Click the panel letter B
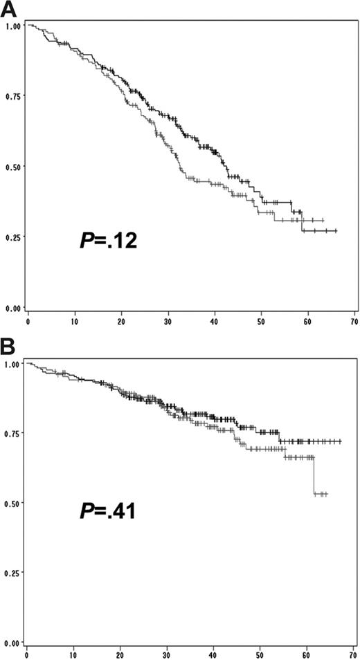click(8, 343)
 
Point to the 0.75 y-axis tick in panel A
click(12, 95)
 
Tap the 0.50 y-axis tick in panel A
click(12, 166)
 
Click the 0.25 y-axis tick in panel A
click(12, 237)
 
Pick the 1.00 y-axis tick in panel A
click(12, 26)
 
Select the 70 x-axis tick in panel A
click(354, 322)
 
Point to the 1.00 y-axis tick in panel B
click(12, 363)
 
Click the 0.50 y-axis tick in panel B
click(12, 503)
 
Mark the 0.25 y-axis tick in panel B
click(12, 573)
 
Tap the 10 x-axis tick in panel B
click(73, 652)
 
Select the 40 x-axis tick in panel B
click(214, 652)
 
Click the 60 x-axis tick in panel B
click(307, 652)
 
